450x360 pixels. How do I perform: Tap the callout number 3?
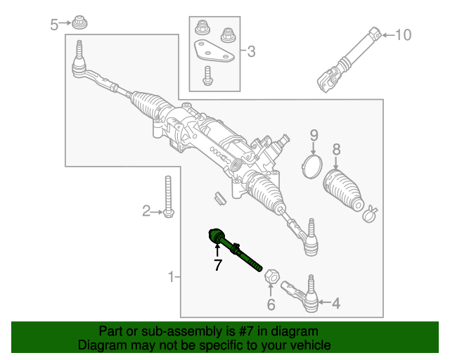[251, 51]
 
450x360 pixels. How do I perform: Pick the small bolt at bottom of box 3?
[208, 75]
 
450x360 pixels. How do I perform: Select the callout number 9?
[314, 134]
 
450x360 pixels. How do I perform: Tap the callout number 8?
[336, 149]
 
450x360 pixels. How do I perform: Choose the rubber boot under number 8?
[342, 189]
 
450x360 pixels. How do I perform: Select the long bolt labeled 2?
[168, 197]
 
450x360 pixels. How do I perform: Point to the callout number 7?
[218, 265]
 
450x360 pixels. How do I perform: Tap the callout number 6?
[271, 304]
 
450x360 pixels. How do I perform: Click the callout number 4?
[335, 304]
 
